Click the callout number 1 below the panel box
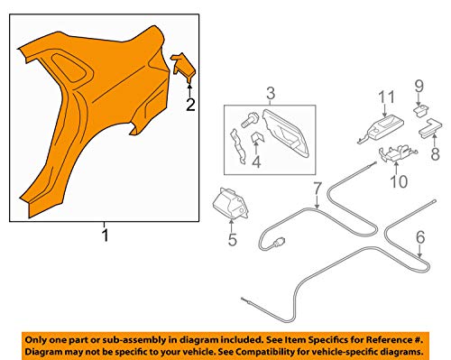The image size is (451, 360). (x=105, y=235)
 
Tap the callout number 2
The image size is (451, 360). (x=190, y=105)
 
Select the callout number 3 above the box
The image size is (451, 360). (x=271, y=93)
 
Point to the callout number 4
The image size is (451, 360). (x=256, y=162)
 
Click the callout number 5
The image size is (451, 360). (x=233, y=240)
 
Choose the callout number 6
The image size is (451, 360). (x=420, y=237)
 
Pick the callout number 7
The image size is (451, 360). (x=318, y=189)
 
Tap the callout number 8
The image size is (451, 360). (x=435, y=153)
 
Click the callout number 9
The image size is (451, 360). (x=419, y=86)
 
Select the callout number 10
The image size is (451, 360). (x=399, y=181)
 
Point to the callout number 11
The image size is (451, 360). (x=386, y=97)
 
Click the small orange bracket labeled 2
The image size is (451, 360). (x=183, y=67)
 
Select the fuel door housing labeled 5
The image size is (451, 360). (x=230, y=204)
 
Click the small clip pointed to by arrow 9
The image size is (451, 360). (x=421, y=109)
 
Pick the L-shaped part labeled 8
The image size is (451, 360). (x=430, y=127)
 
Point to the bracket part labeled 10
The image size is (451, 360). (x=397, y=152)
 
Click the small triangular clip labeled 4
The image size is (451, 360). (x=257, y=137)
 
